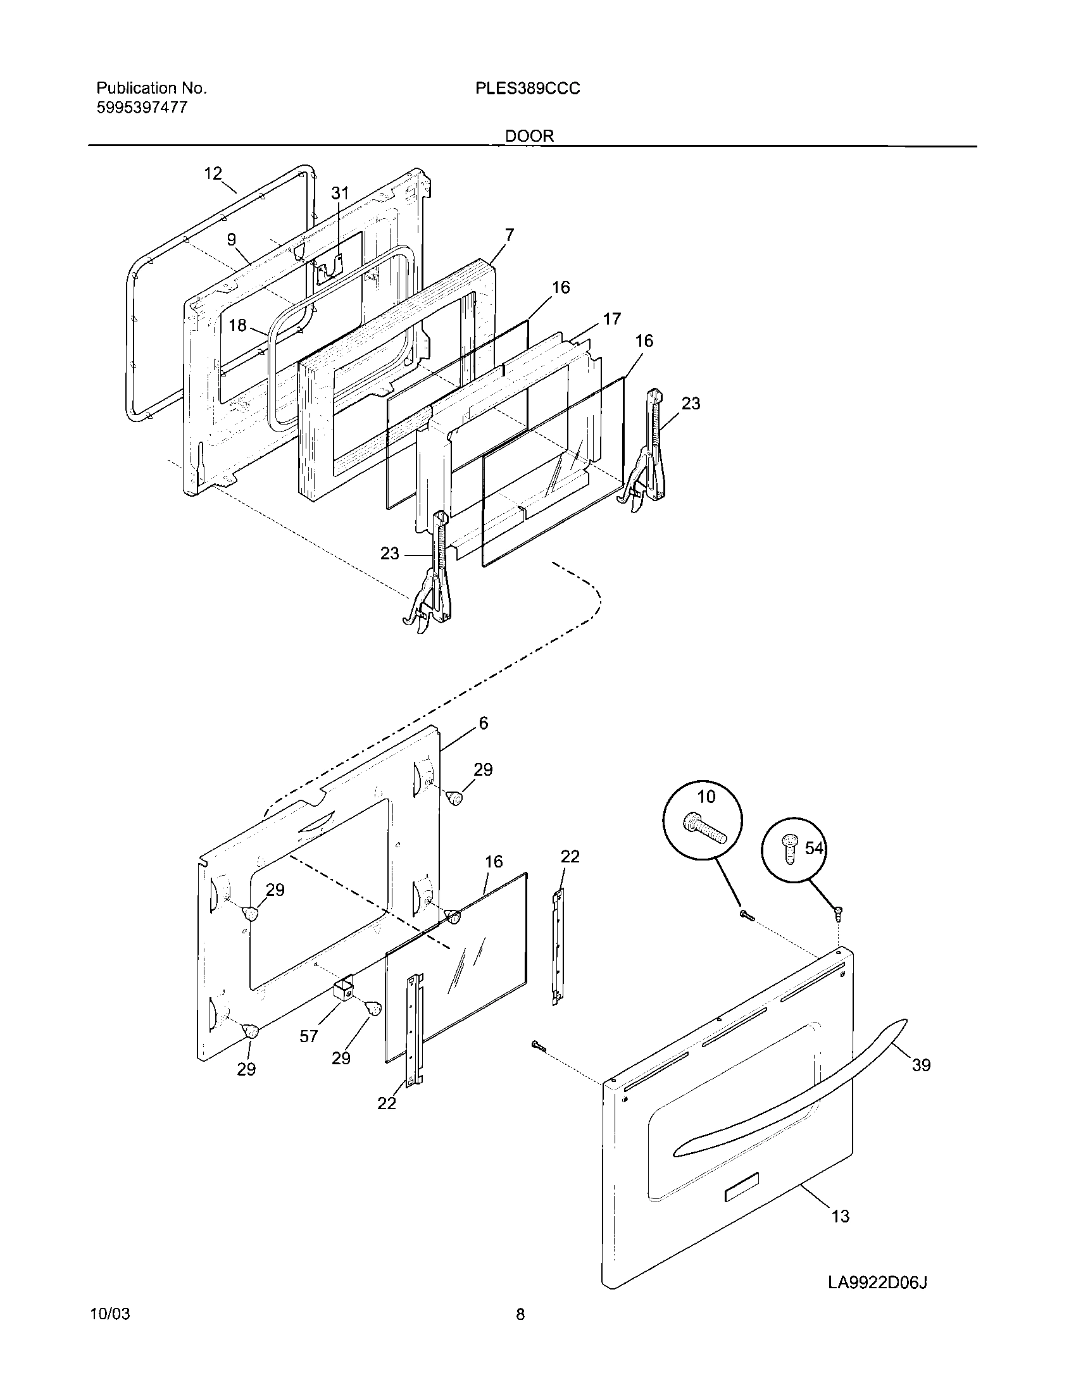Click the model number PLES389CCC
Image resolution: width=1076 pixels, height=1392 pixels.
coord(527,89)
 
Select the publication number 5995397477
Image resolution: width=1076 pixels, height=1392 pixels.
coord(142,107)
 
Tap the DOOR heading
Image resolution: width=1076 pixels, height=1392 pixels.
coord(529,136)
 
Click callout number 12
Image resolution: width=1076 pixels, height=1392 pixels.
coord(213,173)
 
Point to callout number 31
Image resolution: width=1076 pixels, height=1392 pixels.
coord(341,193)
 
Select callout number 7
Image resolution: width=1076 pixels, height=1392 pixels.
coord(509,235)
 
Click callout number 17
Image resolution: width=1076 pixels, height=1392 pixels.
coord(611,319)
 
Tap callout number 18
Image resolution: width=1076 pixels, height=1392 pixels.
coord(237,326)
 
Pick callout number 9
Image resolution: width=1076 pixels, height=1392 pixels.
coord(232,239)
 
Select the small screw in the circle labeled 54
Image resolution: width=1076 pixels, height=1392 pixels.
coord(789,850)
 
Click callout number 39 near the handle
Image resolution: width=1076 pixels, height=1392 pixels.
coord(921,1064)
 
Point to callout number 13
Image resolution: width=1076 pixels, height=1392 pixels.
coord(841,1216)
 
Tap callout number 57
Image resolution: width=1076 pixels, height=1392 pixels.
coord(308,1036)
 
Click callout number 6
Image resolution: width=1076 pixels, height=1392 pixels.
coord(483,723)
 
